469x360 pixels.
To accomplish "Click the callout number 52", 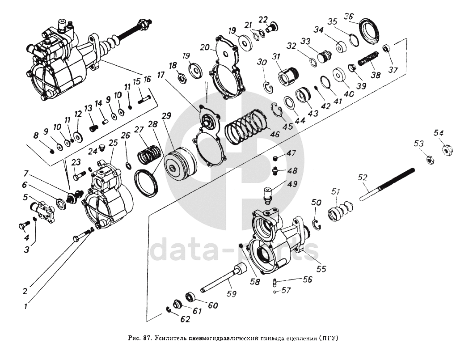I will coord(363,178).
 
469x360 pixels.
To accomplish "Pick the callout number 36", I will coord(348,17).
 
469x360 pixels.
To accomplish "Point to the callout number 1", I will coord(26,307).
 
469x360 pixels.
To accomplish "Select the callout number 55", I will coord(321,269).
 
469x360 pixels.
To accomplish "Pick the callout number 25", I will coord(113,142).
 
